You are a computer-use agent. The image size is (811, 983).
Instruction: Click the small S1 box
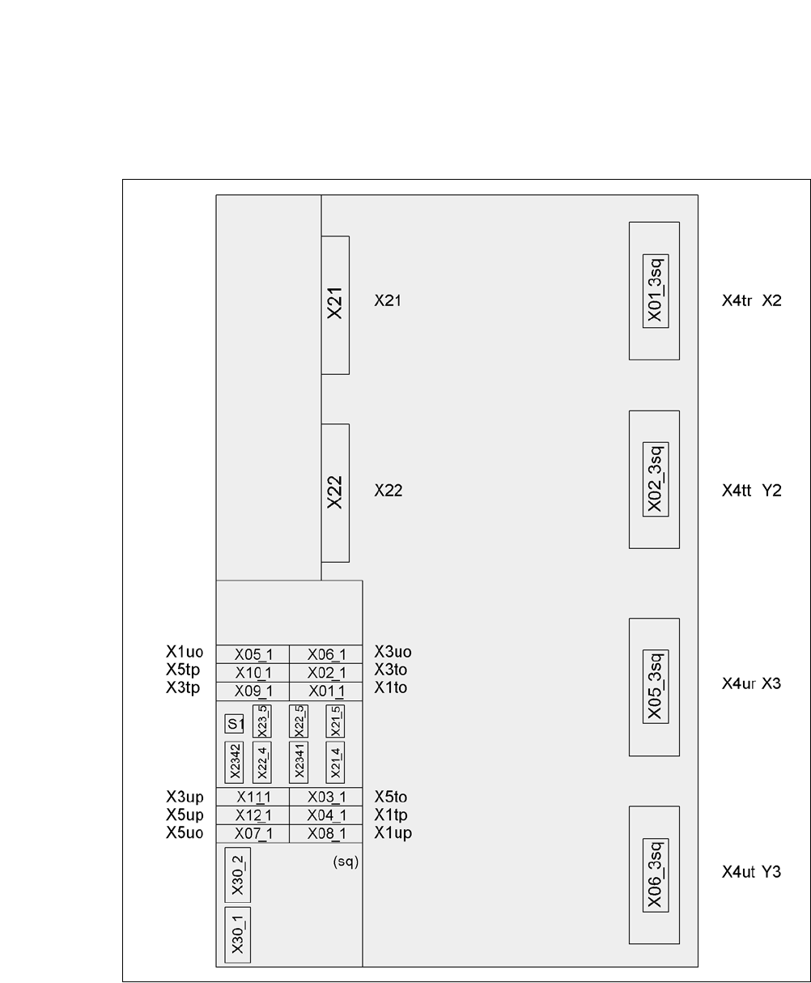click(235, 724)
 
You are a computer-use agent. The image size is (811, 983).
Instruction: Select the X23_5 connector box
click(262, 721)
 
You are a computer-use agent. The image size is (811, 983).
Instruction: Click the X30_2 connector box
click(237, 875)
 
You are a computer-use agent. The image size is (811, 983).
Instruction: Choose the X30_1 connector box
click(237, 934)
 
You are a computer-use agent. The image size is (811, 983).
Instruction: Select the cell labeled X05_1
click(253, 655)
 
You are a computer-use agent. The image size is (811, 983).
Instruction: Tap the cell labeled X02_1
click(326, 673)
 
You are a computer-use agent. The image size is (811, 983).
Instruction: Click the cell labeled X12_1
click(253, 815)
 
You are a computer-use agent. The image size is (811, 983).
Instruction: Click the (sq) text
click(346, 862)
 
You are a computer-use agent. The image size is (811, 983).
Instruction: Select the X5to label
click(391, 797)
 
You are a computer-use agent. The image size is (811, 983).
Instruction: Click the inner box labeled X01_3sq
click(656, 291)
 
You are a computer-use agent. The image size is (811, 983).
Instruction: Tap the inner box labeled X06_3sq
click(656, 875)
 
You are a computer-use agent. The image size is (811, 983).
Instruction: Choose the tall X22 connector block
click(335, 492)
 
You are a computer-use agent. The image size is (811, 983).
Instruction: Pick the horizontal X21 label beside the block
click(388, 300)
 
